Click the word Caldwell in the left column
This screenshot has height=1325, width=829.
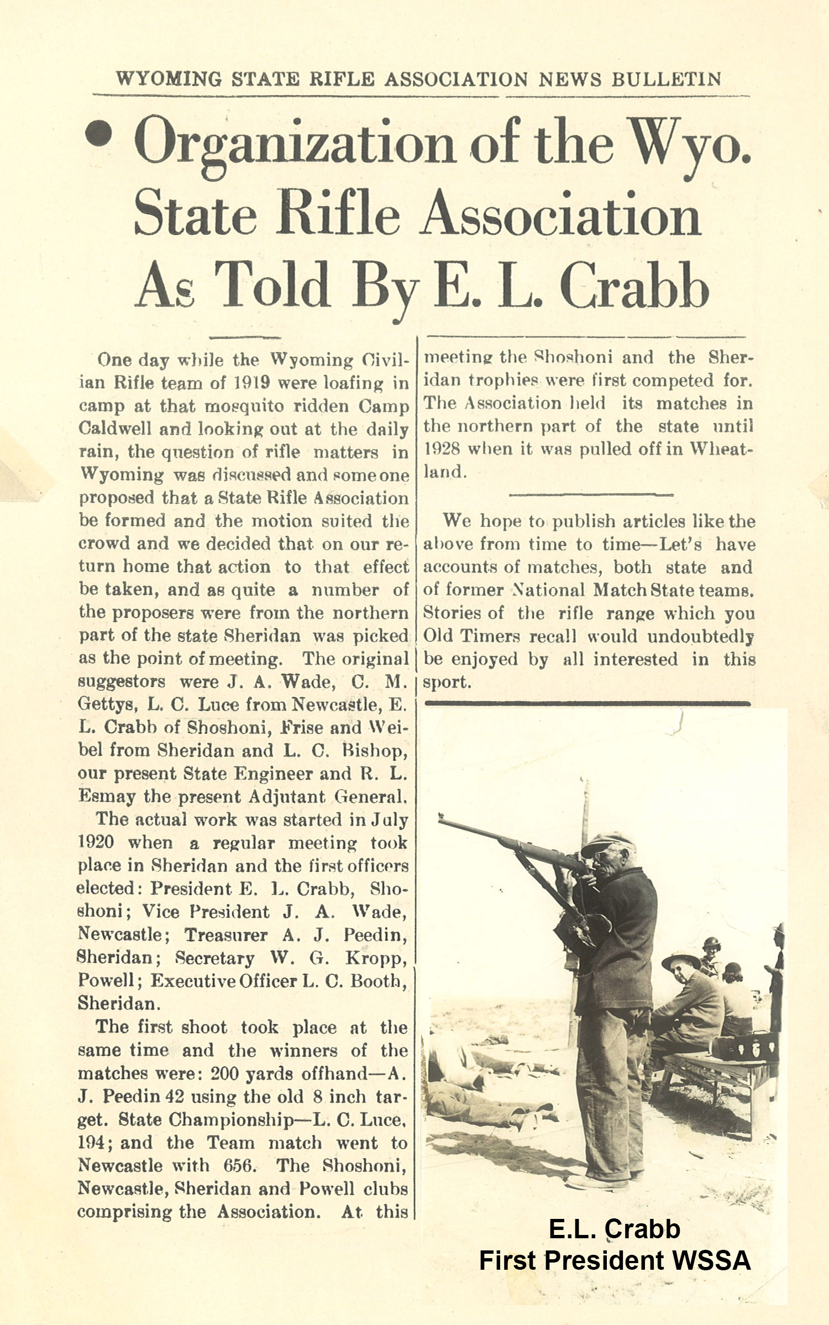pyautogui.click(x=114, y=429)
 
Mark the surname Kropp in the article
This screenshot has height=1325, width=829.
pyautogui.click(x=376, y=957)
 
